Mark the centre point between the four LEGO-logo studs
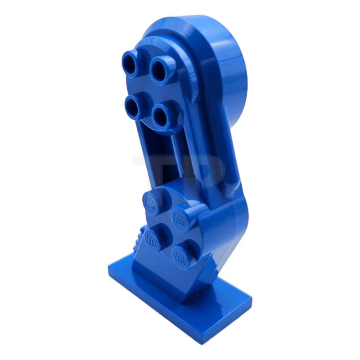tap(167, 228)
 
